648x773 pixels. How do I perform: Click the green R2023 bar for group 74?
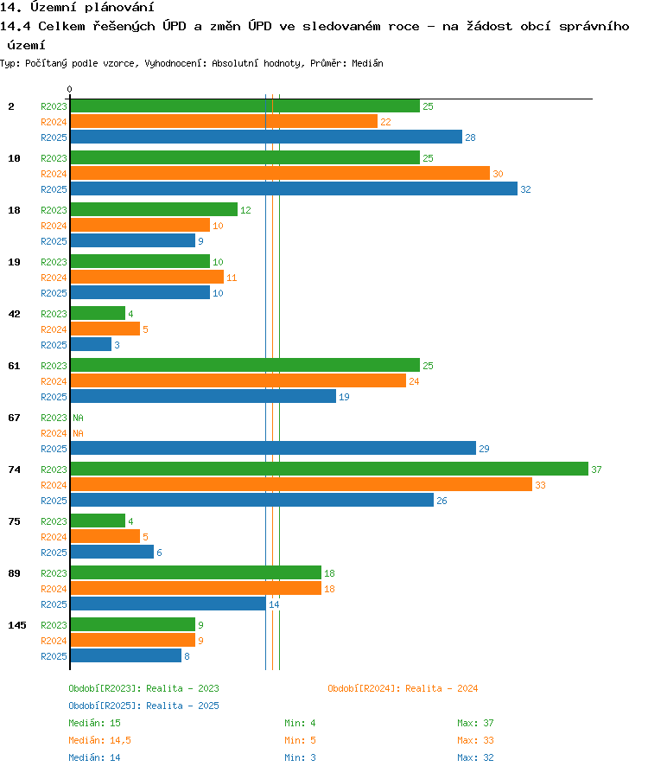(329, 469)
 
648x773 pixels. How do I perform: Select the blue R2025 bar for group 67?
(273, 448)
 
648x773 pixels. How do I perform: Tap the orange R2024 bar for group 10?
(280, 173)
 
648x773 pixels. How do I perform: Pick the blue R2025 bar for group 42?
(91, 344)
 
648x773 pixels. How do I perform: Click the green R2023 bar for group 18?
(154, 209)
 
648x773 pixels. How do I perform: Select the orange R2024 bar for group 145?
(132, 640)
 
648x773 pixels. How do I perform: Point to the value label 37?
(596, 470)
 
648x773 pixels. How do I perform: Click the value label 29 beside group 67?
(484, 449)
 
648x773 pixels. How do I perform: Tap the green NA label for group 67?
(78, 418)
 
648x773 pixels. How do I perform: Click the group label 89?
(15, 573)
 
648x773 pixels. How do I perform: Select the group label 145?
(17, 625)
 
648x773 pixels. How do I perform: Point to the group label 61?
(15, 366)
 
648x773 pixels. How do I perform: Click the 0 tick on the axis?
(69, 89)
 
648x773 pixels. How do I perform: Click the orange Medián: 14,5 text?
(99, 740)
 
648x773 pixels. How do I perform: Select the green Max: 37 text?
(475, 723)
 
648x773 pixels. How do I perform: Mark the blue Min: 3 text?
(300, 757)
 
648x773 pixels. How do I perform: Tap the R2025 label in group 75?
(54, 553)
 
